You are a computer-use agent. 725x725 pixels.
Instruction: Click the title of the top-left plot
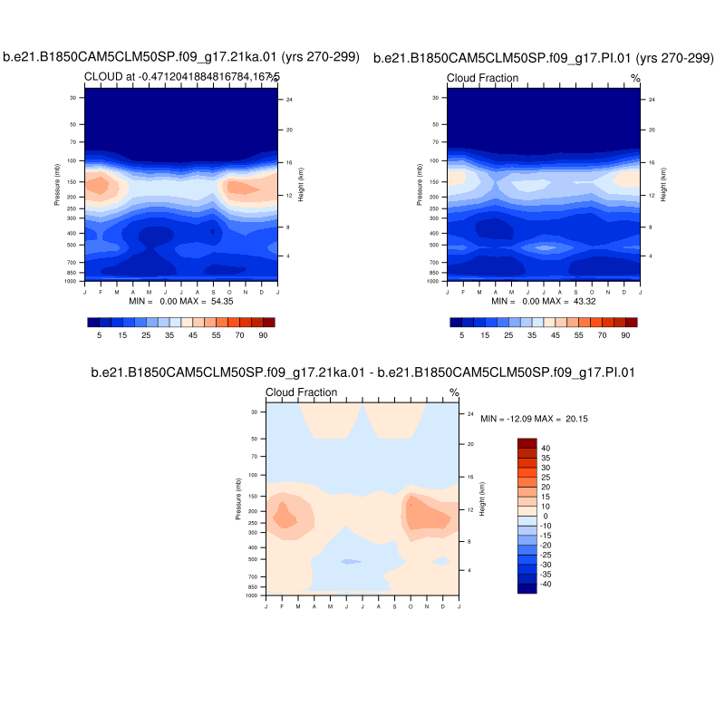(181, 58)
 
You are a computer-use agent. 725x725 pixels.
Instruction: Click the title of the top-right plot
(544, 58)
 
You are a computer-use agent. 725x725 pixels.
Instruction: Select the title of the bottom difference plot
(362, 372)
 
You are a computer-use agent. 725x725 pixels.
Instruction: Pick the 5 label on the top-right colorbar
(461, 334)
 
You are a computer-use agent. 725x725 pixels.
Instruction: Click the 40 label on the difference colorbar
(546, 448)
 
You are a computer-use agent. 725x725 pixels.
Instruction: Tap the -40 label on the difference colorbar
(547, 584)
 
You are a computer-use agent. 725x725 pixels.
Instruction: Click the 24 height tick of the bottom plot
(471, 413)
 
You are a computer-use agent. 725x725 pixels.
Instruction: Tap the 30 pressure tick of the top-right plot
(436, 98)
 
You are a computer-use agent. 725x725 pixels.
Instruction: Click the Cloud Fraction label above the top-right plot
(483, 78)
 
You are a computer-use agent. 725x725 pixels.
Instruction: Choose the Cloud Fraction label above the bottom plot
(301, 392)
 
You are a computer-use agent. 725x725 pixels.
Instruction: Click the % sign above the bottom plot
(454, 393)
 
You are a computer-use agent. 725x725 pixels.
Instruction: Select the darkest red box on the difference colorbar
(527, 442)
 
